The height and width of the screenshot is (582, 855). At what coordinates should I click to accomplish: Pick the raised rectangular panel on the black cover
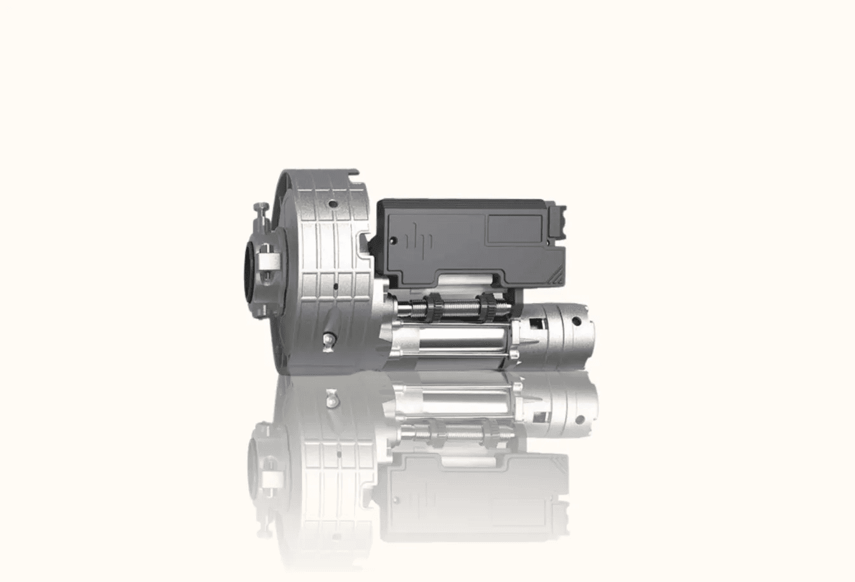click(514, 229)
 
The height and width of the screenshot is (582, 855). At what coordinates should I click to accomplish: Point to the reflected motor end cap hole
click(580, 420)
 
